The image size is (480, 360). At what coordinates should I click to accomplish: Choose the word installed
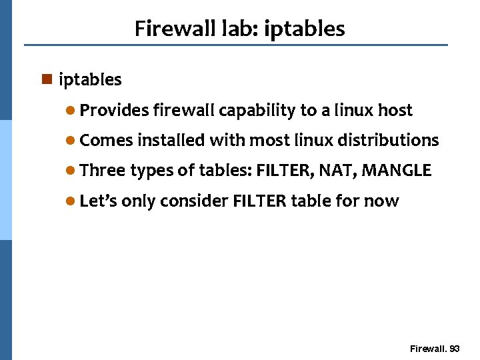click(x=171, y=140)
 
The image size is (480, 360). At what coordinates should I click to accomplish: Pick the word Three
click(x=102, y=171)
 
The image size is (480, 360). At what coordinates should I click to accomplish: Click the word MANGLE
click(x=397, y=171)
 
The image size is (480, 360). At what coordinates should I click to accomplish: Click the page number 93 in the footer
click(x=455, y=349)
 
